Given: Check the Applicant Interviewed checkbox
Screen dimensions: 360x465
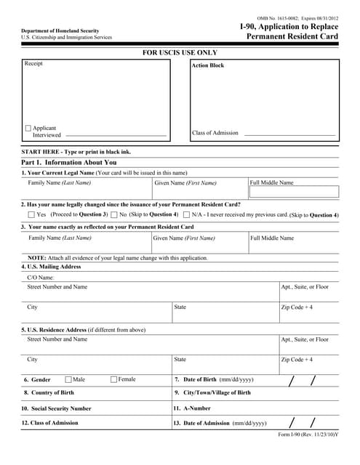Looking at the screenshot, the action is coord(28,129).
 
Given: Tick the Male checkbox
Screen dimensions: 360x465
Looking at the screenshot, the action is coord(68,379).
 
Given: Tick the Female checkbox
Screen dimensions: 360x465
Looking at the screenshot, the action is coord(114,379).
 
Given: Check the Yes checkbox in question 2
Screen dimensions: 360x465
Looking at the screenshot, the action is coord(31,215).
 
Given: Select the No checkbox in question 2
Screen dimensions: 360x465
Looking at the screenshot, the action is coord(114,215).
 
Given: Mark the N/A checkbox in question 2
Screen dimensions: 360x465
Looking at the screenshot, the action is coord(187,215).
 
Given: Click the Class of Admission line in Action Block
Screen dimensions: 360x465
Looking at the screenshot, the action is coord(289,134).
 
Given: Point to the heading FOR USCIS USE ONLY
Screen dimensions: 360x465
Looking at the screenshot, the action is coord(180,52).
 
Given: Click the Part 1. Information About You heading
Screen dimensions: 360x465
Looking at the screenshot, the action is coord(69,163).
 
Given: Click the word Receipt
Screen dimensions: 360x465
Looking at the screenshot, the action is coord(33,64).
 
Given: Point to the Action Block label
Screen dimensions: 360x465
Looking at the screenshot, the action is coord(208,65).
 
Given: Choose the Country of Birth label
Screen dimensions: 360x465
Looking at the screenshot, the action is coord(53,393).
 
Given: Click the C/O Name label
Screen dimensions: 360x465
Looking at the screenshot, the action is coord(41,278).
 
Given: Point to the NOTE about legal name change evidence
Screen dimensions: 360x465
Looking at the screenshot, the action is coord(117,258).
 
